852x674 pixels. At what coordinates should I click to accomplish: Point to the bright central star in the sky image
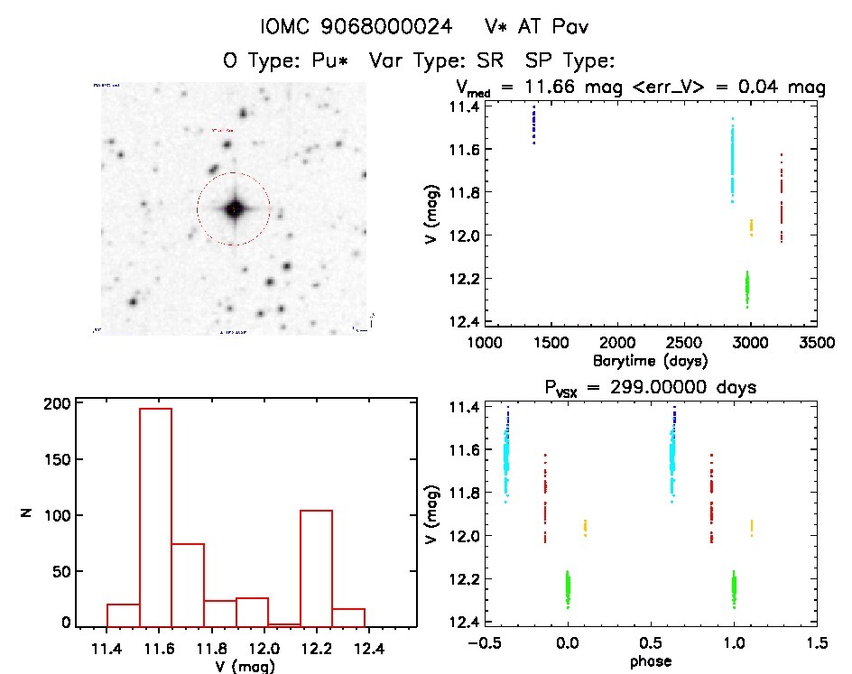point(234,208)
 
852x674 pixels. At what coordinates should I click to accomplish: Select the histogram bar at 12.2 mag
point(316,568)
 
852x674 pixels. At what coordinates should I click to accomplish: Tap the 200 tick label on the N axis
point(57,404)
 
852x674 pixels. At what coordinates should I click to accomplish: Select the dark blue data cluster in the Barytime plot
point(533,125)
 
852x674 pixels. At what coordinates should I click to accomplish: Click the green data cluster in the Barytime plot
point(747,288)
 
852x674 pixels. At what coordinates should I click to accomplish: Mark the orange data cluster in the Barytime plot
point(751,226)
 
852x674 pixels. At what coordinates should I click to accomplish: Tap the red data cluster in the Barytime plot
point(781,199)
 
